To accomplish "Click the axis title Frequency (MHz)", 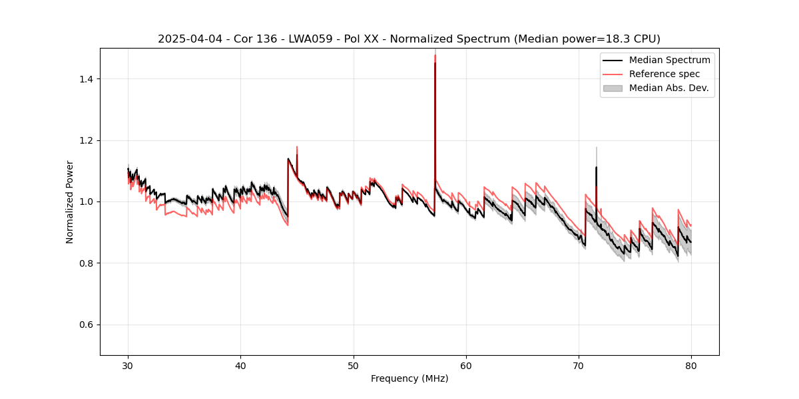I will point(409,378).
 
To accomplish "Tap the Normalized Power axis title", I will point(70,201).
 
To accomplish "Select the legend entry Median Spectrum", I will point(669,60).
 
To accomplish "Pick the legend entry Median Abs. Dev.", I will point(668,88).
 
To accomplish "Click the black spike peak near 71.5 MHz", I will point(596,168).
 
